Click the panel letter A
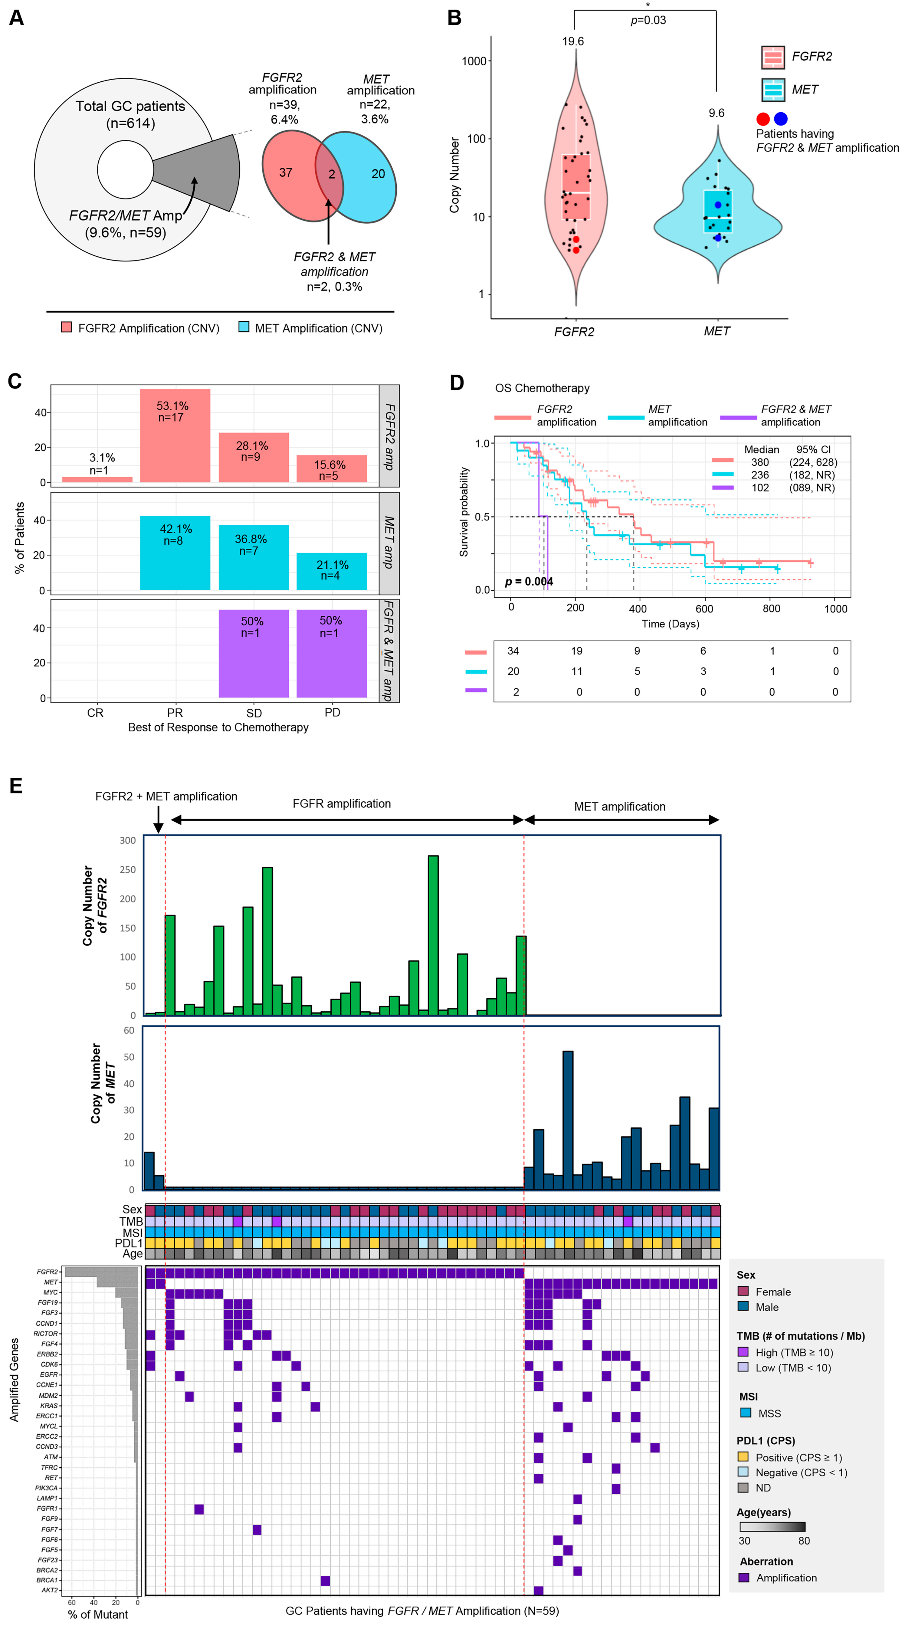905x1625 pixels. pos(16,18)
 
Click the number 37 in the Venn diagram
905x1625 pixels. pos(286,172)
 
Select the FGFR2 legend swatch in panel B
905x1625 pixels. pos(772,57)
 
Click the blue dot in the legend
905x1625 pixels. pos(781,119)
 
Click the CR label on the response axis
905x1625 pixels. pos(95,713)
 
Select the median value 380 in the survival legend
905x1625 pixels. pos(760,462)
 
